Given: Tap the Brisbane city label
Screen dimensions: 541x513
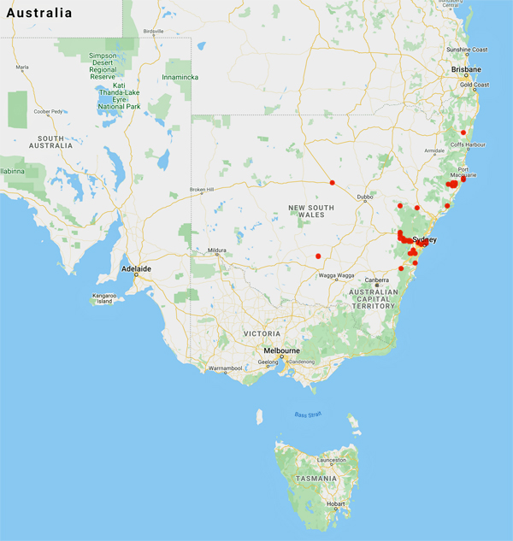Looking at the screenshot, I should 466,69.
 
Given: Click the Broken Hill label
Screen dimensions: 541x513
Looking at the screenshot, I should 205,189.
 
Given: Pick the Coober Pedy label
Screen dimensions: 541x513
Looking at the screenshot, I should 48,112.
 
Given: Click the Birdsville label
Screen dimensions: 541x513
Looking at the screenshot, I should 153,32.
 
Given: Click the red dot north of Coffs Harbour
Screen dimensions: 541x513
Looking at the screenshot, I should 463,132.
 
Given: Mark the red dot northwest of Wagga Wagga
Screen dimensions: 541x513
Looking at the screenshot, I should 318,256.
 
